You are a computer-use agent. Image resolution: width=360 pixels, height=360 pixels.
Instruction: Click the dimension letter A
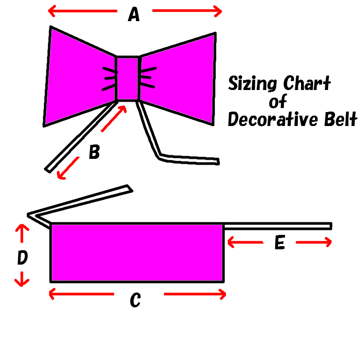tap(134, 14)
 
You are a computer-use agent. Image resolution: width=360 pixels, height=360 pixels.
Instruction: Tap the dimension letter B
tap(94, 152)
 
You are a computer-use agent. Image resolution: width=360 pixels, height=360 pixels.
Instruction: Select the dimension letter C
tap(135, 300)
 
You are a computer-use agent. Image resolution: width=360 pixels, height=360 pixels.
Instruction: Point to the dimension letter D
tap(22, 257)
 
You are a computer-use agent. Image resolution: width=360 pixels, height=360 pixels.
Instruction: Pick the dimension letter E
tap(279, 242)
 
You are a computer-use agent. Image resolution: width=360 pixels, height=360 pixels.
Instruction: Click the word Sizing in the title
tap(252, 83)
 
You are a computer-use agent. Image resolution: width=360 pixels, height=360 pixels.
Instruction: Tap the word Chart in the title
tap(307, 83)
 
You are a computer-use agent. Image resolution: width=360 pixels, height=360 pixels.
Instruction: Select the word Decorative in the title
tap(273, 119)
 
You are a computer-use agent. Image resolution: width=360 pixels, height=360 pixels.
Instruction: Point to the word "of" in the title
tap(278, 101)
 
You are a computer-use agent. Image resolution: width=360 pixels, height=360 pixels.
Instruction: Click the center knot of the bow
tap(128, 78)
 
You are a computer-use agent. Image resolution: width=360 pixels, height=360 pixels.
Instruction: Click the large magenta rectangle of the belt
tap(137, 252)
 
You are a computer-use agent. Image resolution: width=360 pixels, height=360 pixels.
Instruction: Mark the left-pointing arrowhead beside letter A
tap(52, 11)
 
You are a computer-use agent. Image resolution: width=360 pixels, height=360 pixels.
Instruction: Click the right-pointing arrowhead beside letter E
tap(328, 242)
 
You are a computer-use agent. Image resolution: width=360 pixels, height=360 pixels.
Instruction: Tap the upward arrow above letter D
tap(22, 233)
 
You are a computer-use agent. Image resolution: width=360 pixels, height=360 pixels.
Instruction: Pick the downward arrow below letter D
tap(22, 279)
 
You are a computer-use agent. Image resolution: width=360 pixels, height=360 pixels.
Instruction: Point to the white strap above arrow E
tap(278, 226)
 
